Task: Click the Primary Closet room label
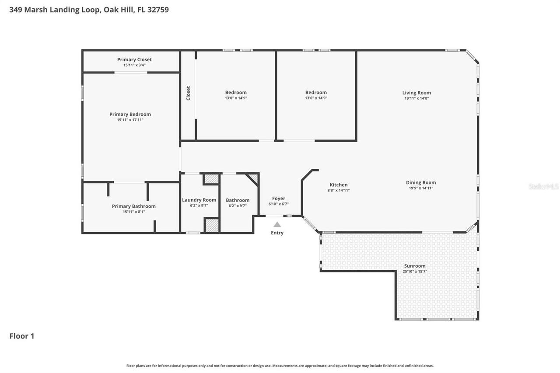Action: click(134, 59)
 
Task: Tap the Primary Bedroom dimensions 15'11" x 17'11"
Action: click(130, 120)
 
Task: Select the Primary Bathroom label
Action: click(133, 206)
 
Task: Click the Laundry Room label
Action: click(199, 200)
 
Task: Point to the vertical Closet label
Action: click(188, 93)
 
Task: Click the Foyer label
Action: click(278, 199)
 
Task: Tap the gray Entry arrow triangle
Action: click(277, 224)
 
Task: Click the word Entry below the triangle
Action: click(277, 233)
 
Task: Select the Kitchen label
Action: click(338, 185)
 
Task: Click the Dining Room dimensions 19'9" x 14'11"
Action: click(420, 188)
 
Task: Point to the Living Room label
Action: click(416, 93)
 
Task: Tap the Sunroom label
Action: click(414, 266)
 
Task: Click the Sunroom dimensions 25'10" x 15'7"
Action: click(414, 272)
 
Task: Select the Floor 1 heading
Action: click(22, 336)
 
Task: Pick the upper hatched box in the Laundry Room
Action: click(212, 179)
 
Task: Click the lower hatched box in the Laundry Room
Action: click(212, 225)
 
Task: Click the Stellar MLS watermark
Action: click(543, 187)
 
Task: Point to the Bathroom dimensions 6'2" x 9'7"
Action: click(238, 206)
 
